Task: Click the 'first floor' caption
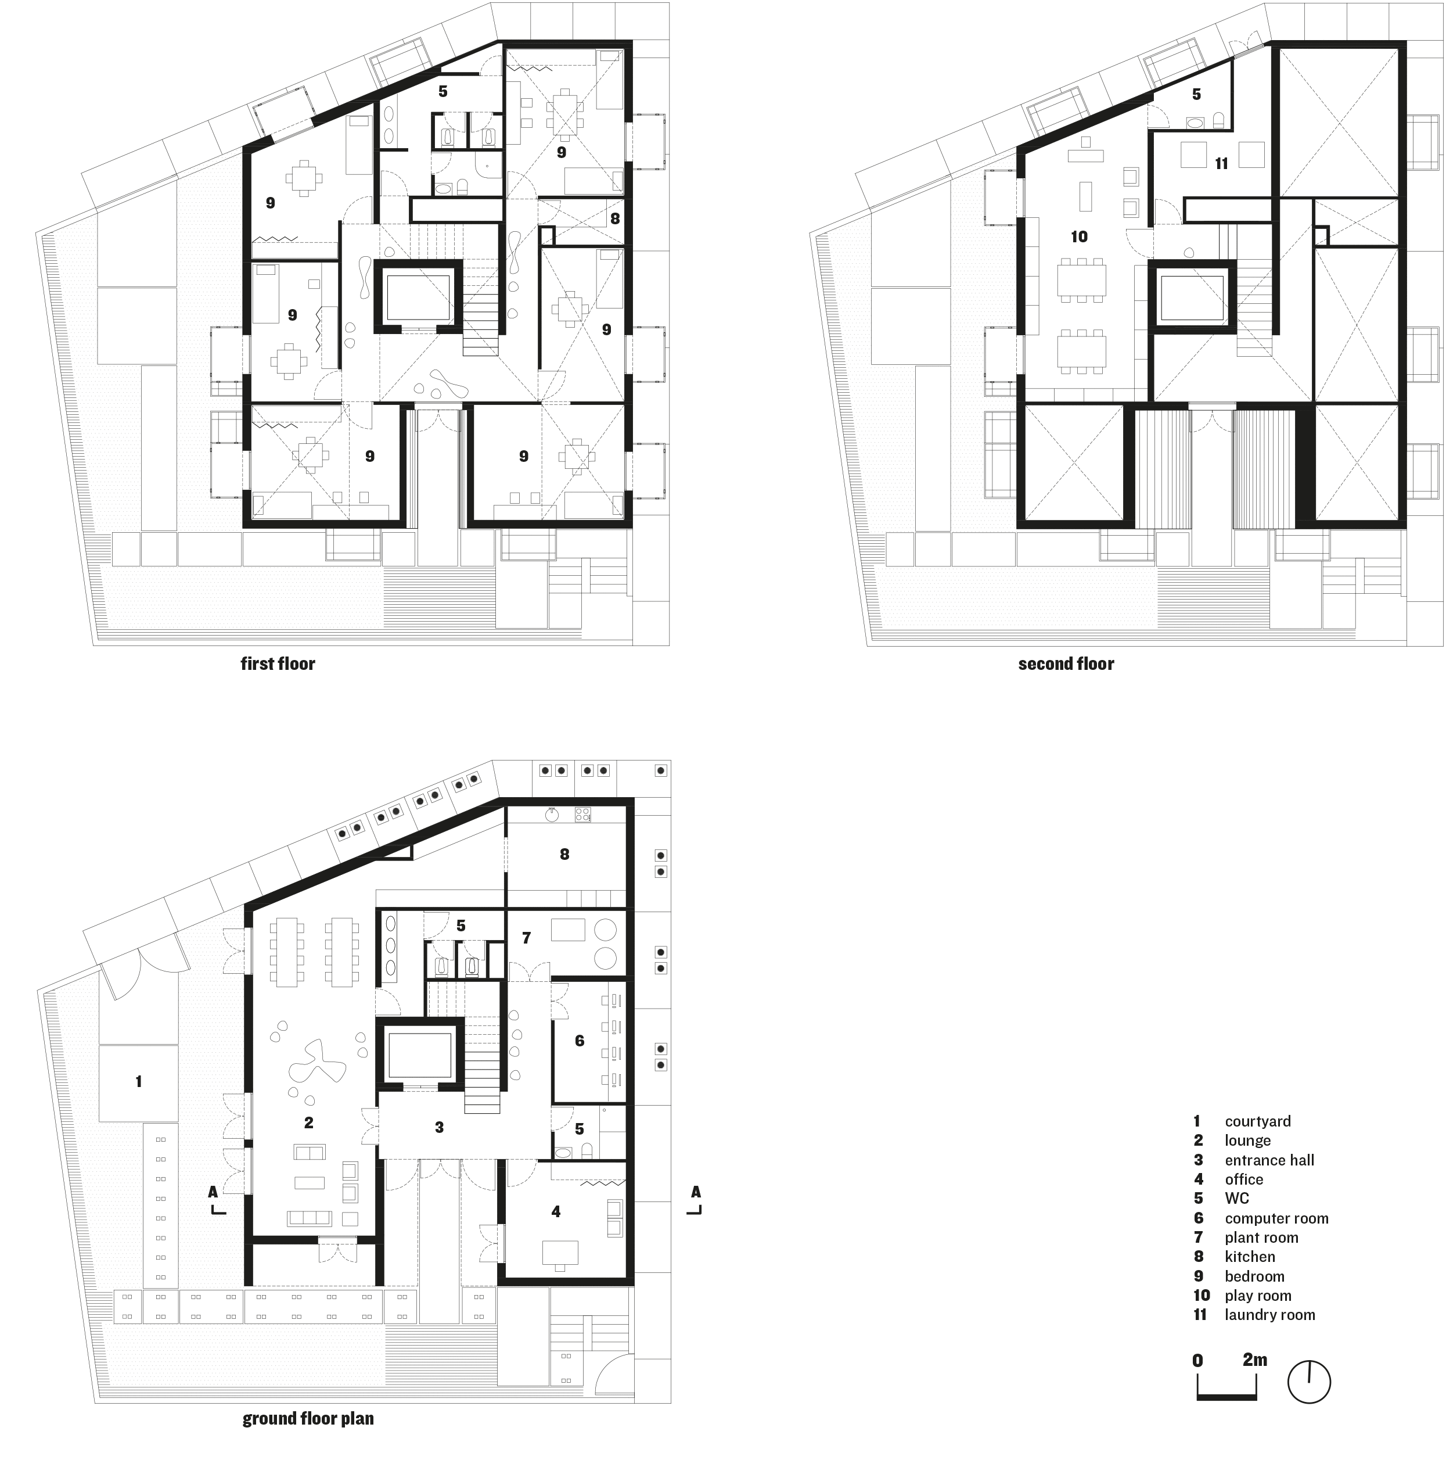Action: [277, 663]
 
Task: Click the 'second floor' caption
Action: [1065, 663]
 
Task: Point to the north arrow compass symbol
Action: [1308, 1381]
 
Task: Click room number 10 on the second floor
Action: [1078, 237]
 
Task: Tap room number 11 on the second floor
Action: [1221, 163]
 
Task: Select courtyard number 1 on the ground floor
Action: [138, 1081]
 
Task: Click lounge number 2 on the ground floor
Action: [308, 1122]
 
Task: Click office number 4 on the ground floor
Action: [556, 1212]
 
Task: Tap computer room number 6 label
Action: [579, 1041]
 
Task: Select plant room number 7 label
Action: [526, 938]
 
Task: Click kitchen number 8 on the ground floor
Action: [564, 854]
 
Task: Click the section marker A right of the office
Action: [695, 1192]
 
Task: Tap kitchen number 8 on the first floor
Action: [614, 218]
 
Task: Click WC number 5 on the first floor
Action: [443, 91]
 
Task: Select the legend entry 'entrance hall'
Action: [1268, 1160]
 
